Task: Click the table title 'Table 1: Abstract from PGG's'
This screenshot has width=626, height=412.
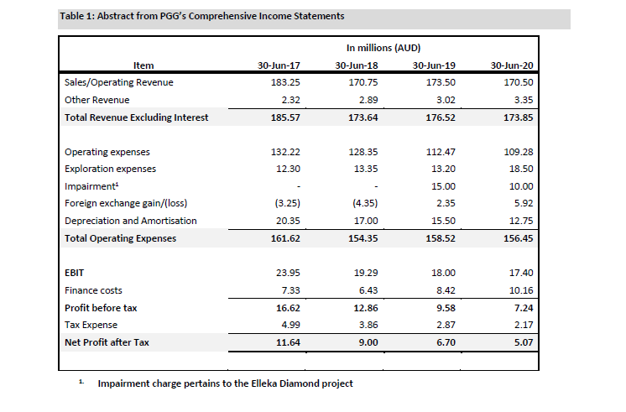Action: click(x=201, y=16)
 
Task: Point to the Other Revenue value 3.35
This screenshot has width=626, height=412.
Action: click(x=521, y=100)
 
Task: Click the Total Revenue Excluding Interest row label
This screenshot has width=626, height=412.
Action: click(x=136, y=117)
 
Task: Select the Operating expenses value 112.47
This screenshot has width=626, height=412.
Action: click(x=441, y=152)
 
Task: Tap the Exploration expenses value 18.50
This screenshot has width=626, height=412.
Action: click(x=521, y=169)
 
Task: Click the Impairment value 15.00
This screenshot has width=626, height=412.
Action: click(x=442, y=186)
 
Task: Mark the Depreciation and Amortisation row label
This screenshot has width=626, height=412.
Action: click(x=130, y=221)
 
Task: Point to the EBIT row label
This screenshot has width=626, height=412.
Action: click(x=74, y=274)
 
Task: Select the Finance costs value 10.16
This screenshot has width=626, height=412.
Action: click(x=521, y=290)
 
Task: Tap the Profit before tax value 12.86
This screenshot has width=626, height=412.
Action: click(x=363, y=308)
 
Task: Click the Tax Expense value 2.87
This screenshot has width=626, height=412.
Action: click(x=444, y=325)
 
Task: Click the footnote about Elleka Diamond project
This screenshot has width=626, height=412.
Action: click(x=225, y=383)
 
